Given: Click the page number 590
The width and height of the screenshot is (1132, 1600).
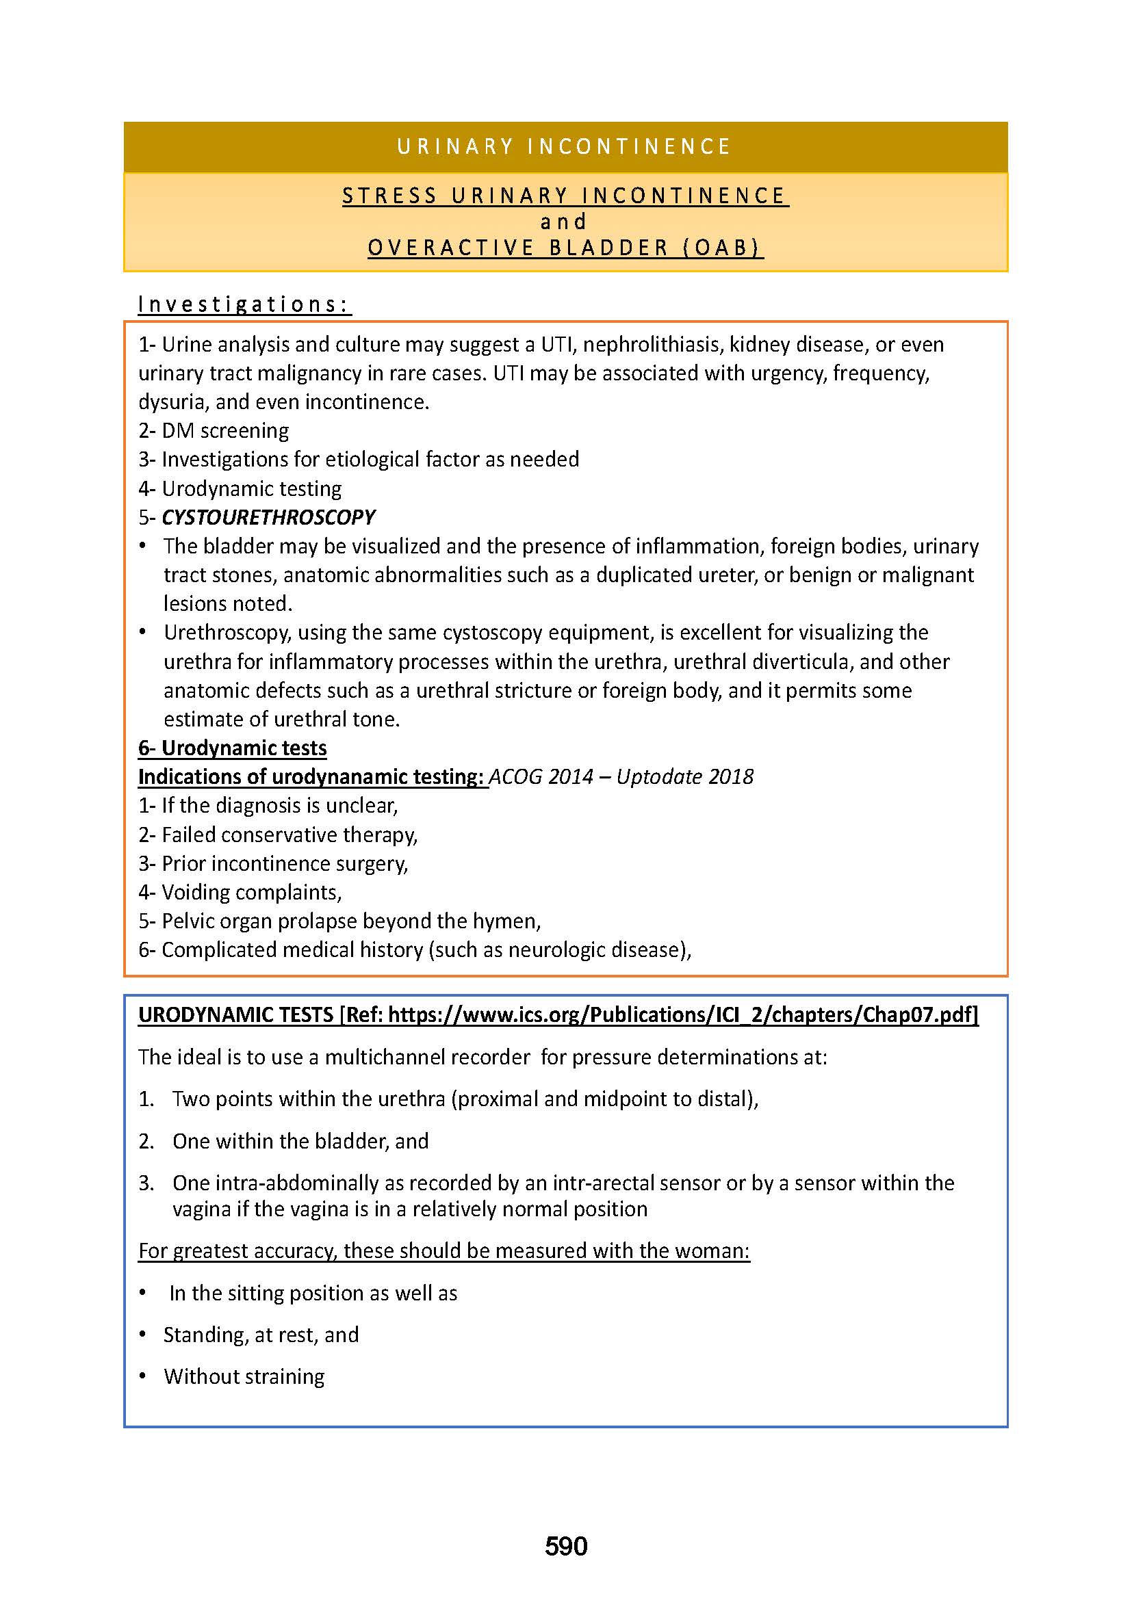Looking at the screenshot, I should click(566, 1546).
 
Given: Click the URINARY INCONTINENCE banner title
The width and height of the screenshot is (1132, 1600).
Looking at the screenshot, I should click(565, 147).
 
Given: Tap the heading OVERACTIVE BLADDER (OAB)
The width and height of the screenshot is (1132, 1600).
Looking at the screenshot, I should click(565, 248).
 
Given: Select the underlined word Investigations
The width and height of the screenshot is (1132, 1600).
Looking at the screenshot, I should click(244, 304).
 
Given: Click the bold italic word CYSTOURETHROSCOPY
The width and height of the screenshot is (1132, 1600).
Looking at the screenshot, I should click(268, 517).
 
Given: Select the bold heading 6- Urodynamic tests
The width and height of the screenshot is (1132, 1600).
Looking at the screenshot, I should click(232, 748).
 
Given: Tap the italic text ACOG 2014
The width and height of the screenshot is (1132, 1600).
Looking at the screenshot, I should click(541, 776).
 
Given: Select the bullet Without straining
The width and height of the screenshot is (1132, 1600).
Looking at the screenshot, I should click(244, 1376).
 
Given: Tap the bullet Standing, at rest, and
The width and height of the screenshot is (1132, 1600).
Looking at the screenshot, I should click(261, 1335).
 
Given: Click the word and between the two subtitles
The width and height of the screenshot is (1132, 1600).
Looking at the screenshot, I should click(564, 222).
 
